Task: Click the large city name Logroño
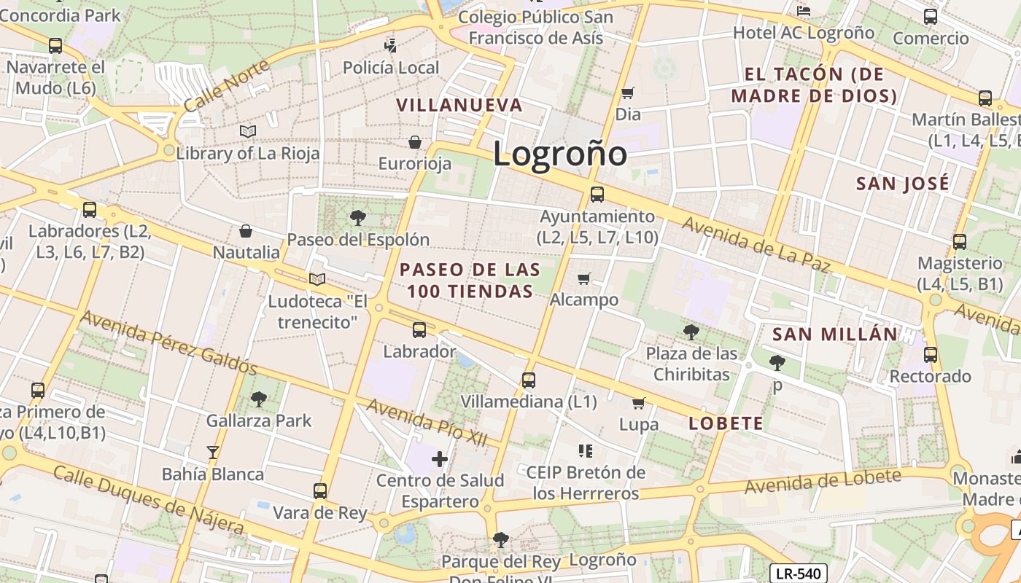pos(559,154)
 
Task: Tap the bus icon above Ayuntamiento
pos(597,195)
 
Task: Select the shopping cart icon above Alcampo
pos(583,278)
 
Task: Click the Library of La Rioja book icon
pos(248,131)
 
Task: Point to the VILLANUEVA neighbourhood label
pos(459,105)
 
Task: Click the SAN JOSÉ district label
pos(903,183)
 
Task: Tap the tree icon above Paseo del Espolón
pos(357,217)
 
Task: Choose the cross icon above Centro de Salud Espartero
pos(440,459)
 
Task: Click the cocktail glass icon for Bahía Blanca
pos(212,453)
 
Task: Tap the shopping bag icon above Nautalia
pos(246,231)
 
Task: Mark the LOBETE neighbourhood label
pos(726,423)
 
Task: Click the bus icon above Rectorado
pos(930,355)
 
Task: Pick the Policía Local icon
pos(391,46)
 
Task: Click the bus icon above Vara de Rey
pos(320,490)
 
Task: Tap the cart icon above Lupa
pos(639,403)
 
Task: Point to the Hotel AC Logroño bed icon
pos(804,10)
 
